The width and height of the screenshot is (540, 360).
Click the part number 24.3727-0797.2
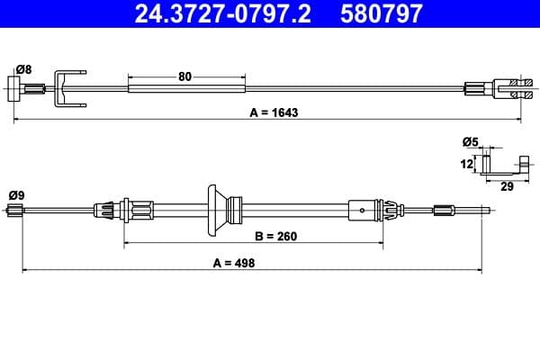(x=221, y=13)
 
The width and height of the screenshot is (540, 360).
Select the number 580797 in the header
(x=380, y=13)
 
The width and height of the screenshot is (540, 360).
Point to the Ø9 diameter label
(x=16, y=194)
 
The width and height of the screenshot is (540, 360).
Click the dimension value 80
(x=185, y=76)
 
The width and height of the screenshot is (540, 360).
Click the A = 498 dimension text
(x=237, y=263)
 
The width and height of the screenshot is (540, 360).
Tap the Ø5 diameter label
(x=470, y=142)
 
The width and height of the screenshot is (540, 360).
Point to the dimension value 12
(x=467, y=164)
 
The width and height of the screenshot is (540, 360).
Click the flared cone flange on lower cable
(x=217, y=211)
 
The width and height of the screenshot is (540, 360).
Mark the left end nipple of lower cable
(x=14, y=211)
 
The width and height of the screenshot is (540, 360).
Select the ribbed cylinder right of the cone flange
(x=236, y=211)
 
